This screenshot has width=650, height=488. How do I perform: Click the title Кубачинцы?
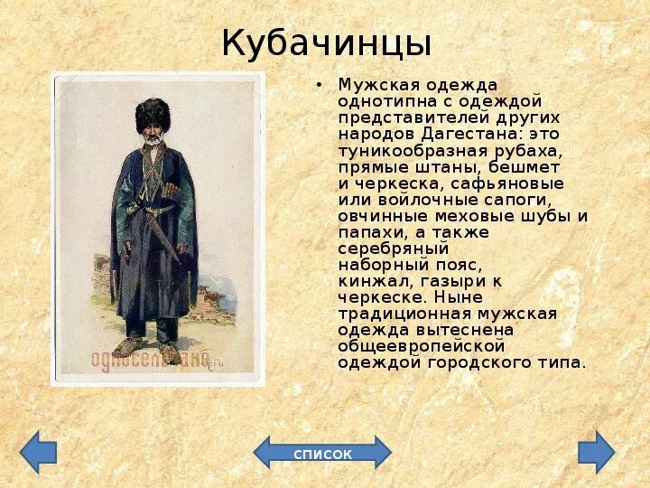[326, 42]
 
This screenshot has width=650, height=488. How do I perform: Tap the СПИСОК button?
[322, 454]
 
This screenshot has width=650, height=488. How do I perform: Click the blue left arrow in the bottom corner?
[38, 452]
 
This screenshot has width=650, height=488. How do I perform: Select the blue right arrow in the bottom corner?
[597, 452]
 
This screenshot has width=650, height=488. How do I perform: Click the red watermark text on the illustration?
[150, 359]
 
